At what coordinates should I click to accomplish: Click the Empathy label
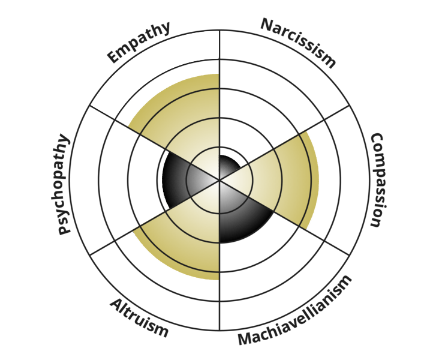[139, 42]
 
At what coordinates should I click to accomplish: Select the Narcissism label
[298, 43]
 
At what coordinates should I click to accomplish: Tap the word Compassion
[379, 180]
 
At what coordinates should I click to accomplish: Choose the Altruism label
[139, 318]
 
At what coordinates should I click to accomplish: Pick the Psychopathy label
[60, 184]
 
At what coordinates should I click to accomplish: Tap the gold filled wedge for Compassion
[285, 180]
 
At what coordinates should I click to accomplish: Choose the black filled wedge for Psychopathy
[179, 180]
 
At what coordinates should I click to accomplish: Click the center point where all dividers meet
[220, 180]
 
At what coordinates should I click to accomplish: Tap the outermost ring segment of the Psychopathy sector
[84, 180]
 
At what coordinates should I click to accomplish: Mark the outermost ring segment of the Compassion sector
[355, 180]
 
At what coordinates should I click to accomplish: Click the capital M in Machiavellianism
[244, 339]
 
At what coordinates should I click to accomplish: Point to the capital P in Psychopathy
[64, 229]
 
